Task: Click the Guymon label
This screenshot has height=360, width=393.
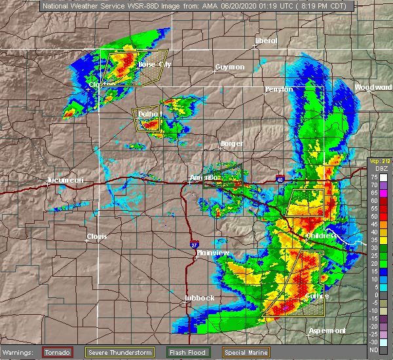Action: click(229, 67)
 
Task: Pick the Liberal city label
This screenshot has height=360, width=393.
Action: click(265, 41)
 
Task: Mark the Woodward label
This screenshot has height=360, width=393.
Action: click(372, 87)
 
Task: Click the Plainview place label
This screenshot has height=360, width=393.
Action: click(213, 253)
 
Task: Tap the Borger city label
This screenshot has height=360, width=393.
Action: click(231, 143)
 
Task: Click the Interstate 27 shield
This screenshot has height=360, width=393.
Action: click(194, 244)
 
